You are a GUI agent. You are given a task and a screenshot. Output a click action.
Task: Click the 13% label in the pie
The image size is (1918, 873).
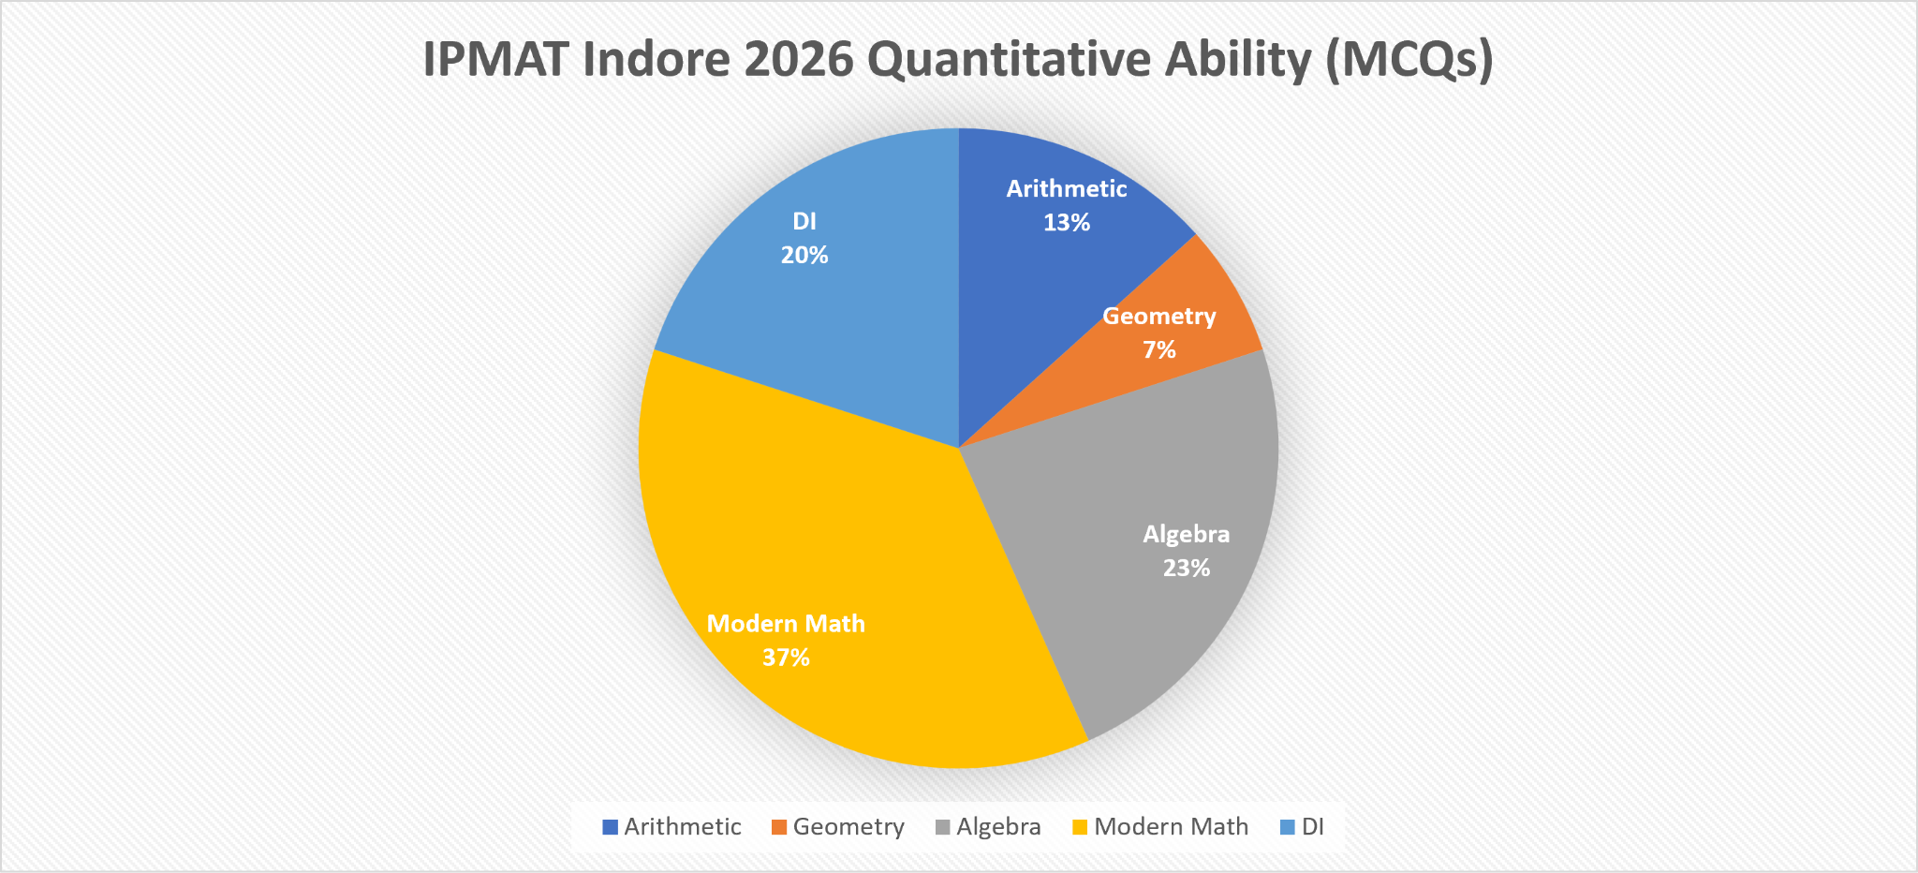click(x=1067, y=223)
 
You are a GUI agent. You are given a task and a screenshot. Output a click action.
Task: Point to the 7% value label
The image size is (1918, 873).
click(x=1159, y=350)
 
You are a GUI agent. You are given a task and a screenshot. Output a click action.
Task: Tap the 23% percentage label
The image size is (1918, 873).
click(x=1187, y=569)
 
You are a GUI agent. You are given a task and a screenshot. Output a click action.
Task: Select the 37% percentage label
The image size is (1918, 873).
click(x=786, y=658)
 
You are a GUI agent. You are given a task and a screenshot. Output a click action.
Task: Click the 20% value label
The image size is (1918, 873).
click(x=804, y=256)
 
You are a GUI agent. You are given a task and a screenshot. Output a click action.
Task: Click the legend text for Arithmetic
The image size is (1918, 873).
click(x=683, y=827)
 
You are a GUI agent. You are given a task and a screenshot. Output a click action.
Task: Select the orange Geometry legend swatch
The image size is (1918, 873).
click(x=779, y=827)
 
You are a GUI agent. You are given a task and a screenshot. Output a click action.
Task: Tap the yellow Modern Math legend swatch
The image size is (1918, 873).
click(x=1080, y=827)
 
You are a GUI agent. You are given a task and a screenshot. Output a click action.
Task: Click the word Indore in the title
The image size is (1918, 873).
click(x=656, y=60)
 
